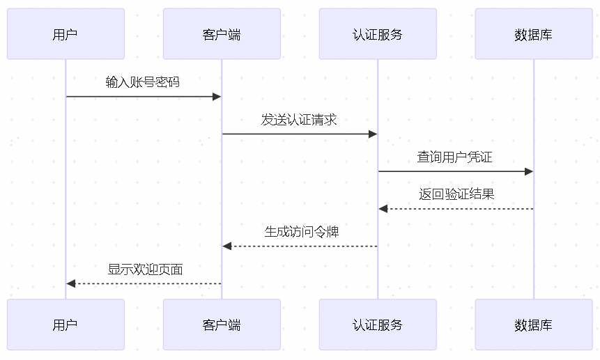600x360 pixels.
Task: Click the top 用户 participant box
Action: (x=66, y=34)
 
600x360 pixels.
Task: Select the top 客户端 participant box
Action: (x=222, y=34)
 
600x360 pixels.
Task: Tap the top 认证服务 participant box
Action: (x=378, y=34)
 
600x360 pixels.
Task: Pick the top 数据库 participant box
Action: (x=534, y=34)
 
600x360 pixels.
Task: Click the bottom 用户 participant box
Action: (x=66, y=324)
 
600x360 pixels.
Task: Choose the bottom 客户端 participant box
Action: (x=222, y=324)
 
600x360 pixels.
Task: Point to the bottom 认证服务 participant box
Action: (x=378, y=324)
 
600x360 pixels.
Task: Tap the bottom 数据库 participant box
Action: (x=534, y=324)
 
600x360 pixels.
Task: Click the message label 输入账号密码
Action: (x=143, y=82)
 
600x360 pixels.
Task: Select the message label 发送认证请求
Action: (x=299, y=120)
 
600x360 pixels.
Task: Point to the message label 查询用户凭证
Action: (x=455, y=157)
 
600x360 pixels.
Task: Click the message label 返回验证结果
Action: (x=456, y=194)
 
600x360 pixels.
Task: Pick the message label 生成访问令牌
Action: (x=301, y=232)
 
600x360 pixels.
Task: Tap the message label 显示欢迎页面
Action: (x=145, y=269)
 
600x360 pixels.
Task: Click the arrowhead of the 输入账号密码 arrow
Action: (x=217, y=97)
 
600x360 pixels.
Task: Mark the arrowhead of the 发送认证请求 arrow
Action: (x=373, y=134)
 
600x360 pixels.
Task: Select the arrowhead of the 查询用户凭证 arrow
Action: (x=529, y=171)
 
